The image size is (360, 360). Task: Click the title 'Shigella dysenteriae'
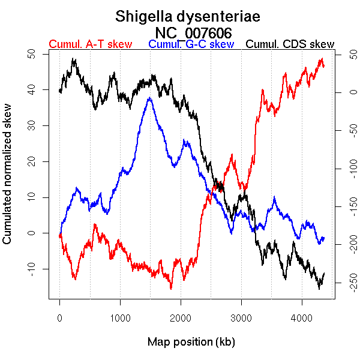[x=188, y=16]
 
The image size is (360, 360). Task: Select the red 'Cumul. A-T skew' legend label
[x=90, y=44]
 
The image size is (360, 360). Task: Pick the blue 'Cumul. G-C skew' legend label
[x=191, y=44]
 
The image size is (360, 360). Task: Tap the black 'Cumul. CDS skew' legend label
[x=290, y=44]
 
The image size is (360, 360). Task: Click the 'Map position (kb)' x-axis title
[x=191, y=342]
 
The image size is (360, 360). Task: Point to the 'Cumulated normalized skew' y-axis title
[x=7, y=181]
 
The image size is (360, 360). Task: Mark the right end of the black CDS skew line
[x=325, y=273]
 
